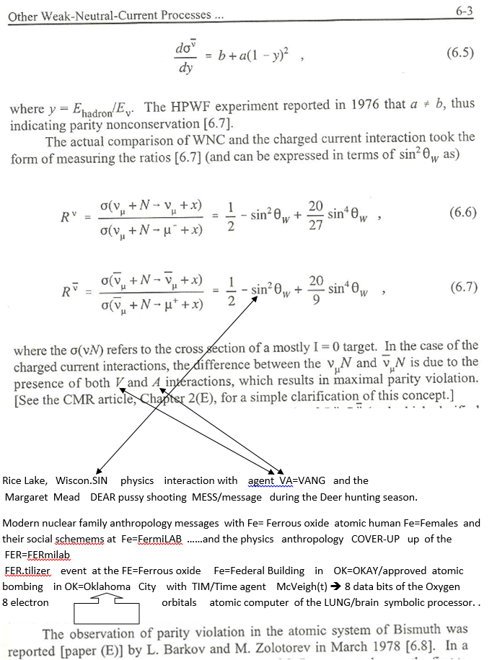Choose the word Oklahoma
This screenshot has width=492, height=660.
pyautogui.click(x=108, y=586)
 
